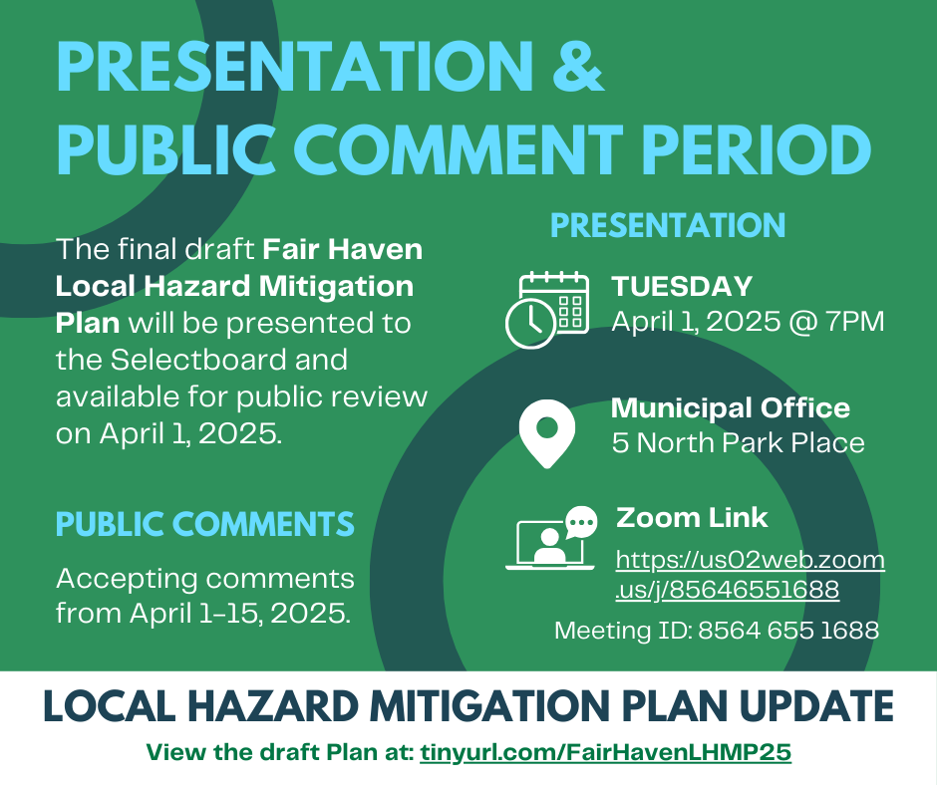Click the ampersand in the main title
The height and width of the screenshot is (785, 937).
pos(578,67)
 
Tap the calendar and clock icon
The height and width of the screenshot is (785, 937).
pos(547,310)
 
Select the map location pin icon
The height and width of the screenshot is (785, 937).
pos(547,433)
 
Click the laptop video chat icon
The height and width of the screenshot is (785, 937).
pos(551,538)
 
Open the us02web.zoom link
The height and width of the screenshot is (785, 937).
pos(750,575)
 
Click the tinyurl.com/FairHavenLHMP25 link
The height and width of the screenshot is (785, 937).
pos(605,751)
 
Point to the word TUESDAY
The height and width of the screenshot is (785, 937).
pos(682,286)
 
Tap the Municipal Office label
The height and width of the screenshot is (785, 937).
pos(731,408)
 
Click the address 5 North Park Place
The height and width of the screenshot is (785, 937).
pos(738,443)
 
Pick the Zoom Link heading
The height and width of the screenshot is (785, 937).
pos(692,518)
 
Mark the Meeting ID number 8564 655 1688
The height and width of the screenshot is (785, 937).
pos(788,631)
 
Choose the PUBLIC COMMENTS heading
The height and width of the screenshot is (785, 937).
pos(205,525)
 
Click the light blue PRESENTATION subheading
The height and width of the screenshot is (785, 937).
pos(668,225)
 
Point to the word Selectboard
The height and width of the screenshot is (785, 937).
pos(193,360)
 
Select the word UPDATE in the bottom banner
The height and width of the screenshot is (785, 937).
pos(817,706)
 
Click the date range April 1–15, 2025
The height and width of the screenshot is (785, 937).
pos(240,614)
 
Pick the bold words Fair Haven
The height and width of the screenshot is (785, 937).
pos(343,249)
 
